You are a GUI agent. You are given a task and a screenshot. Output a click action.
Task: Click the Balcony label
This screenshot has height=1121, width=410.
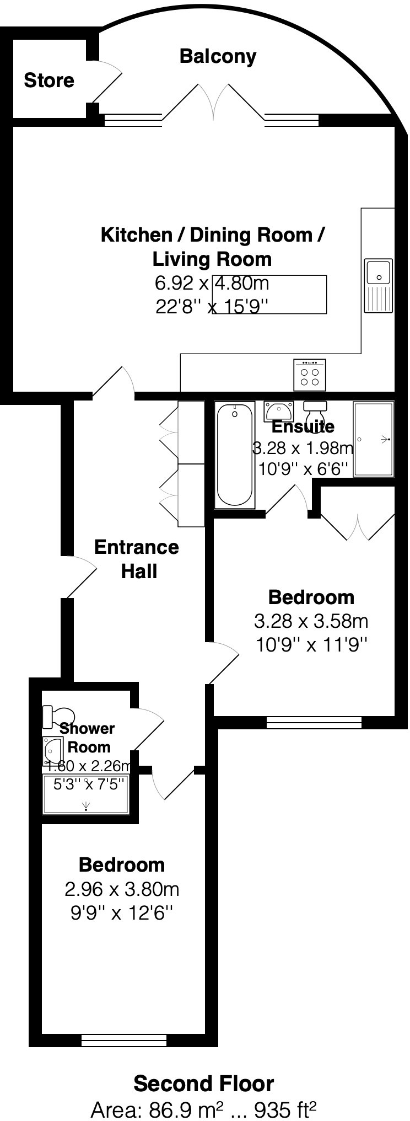click(x=218, y=56)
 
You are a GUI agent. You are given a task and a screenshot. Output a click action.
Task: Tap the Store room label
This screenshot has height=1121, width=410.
click(x=48, y=81)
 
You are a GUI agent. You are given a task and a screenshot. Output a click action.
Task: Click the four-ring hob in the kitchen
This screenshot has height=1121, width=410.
click(x=310, y=376)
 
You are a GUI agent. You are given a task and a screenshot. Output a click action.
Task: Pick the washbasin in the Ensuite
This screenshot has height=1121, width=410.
click(x=279, y=411)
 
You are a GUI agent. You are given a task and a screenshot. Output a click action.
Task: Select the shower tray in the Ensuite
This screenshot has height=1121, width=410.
click(x=374, y=439)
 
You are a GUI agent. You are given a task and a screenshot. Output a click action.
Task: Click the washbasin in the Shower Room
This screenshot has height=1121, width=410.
click(x=52, y=751)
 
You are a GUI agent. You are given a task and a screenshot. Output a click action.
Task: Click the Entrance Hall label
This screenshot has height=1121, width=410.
click(x=137, y=559)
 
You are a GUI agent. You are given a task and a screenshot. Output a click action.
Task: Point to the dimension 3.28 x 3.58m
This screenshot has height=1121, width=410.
click(x=311, y=621)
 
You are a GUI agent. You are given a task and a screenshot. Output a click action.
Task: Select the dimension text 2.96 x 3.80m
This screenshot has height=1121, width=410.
click(x=122, y=889)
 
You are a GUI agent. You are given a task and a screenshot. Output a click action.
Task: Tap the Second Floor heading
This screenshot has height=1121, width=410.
click(x=204, y=1083)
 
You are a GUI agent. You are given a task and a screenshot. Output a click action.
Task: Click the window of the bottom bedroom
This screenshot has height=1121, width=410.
click(x=123, y=1040)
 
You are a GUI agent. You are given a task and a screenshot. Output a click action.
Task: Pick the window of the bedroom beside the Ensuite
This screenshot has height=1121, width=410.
click(x=314, y=722)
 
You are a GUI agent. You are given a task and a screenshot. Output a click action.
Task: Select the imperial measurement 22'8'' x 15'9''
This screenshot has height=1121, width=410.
click(x=212, y=306)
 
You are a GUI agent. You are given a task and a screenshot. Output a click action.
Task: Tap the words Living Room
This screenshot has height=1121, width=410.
click(x=212, y=259)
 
